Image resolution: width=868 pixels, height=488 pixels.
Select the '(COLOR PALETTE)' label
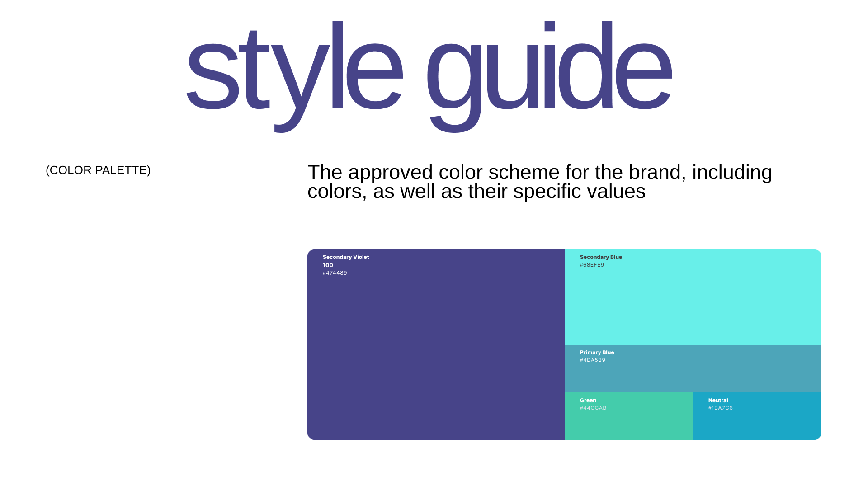point(98,170)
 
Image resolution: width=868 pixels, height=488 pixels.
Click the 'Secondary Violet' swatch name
point(346,257)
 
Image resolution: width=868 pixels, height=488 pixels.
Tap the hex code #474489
point(335,273)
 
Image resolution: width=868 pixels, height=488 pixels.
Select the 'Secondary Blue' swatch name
point(601,257)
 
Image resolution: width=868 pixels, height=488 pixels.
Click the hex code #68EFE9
point(592,265)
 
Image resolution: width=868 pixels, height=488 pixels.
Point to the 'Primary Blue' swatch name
point(597,352)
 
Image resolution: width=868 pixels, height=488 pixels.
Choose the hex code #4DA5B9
point(593,360)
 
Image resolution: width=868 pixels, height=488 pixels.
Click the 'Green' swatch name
point(588,400)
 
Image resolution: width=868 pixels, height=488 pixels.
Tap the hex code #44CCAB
point(593,408)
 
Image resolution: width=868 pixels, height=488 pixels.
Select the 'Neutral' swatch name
point(718,400)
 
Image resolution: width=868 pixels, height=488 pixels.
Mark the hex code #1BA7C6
point(721,408)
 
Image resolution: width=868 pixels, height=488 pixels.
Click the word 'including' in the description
point(732,172)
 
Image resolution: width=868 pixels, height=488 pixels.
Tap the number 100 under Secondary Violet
point(328,265)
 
